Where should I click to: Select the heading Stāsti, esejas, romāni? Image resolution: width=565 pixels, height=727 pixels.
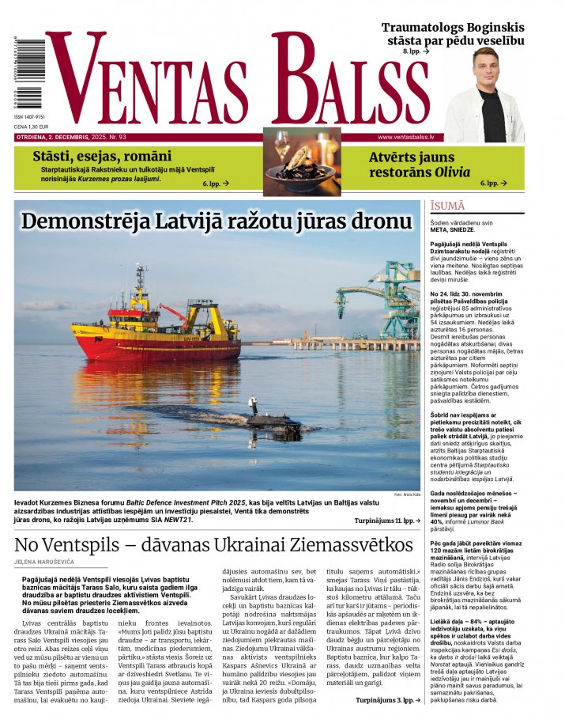101,157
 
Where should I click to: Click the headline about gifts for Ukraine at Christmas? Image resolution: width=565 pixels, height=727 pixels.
213,545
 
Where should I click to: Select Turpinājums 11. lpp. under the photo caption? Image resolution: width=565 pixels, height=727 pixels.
383,521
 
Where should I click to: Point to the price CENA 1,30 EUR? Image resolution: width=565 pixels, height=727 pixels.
31,126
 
